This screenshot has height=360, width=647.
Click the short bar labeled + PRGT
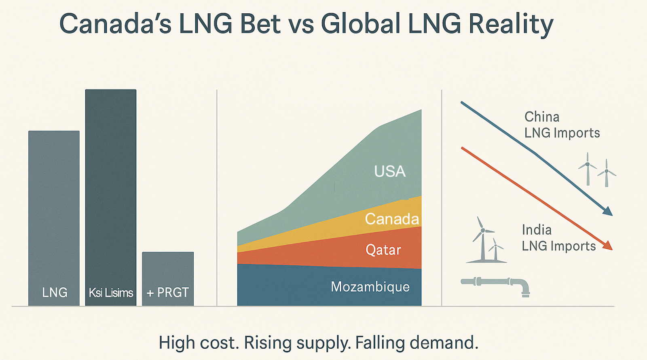point(168,271)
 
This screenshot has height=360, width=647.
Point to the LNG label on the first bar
point(55,292)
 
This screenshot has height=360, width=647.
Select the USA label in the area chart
point(389,172)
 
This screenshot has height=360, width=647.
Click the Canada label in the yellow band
point(391,219)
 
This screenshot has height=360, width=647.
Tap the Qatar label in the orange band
point(383,250)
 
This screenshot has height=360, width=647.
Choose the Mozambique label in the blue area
point(370,287)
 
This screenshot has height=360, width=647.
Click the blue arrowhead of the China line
point(608,211)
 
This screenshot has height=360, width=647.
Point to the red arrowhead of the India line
point(608,246)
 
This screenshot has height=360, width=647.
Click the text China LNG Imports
point(562,125)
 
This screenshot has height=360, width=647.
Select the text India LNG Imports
point(558,238)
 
